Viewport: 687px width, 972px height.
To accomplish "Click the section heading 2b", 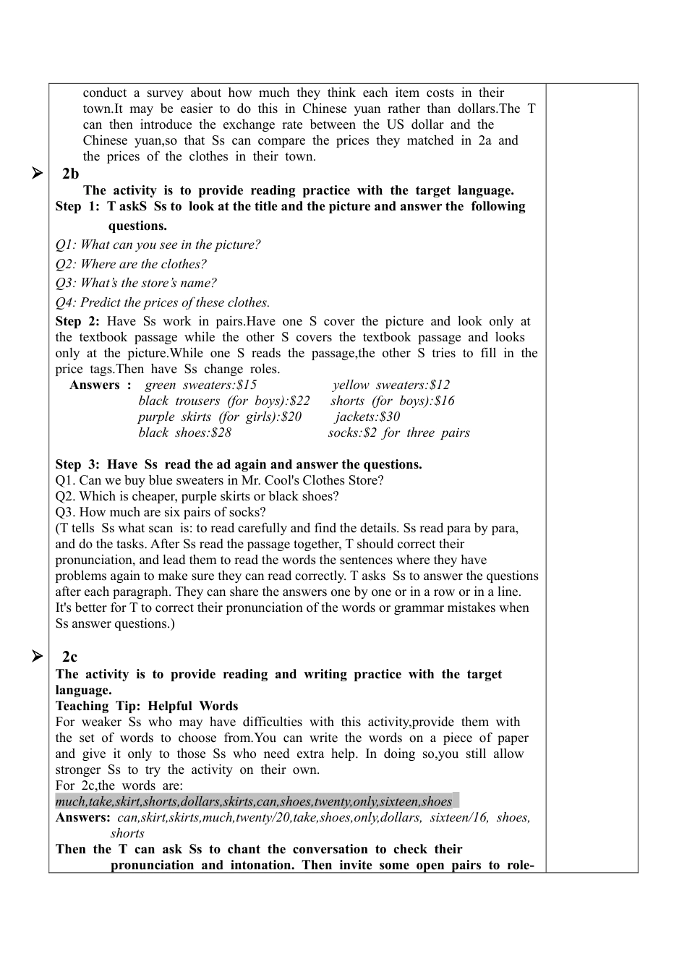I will click(x=70, y=174).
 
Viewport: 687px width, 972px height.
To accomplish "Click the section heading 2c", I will click(x=69, y=657).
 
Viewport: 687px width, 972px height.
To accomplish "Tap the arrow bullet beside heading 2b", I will click(x=37, y=174).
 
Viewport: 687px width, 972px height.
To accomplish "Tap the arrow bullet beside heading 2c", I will click(x=37, y=657).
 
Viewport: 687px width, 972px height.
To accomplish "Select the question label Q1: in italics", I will click(x=66, y=244).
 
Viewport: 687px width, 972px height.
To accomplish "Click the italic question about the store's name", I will click(x=136, y=283).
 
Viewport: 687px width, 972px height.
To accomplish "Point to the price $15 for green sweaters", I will click(x=247, y=385).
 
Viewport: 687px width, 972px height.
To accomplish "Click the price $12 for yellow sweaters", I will click(x=440, y=385).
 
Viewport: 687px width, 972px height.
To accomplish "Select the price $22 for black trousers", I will click(x=299, y=401).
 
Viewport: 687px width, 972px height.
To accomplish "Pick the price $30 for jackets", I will click(x=390, y=417).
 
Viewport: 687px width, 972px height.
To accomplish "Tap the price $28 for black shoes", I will click(x=221, y=432).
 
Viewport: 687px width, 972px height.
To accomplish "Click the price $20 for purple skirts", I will click(x=291, y=417).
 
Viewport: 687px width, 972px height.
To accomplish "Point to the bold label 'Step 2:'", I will click(x=77, y=321).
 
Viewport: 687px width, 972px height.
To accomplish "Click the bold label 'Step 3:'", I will click(x=77, y=464).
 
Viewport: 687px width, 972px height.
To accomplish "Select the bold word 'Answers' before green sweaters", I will click(x=95, y=385).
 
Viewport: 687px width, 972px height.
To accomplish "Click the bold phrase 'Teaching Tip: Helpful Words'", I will click(x=147, y=706).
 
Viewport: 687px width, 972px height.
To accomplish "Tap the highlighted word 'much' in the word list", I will click(x=70, y=801).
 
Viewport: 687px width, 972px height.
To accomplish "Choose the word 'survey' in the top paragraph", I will click(x=165, y=93).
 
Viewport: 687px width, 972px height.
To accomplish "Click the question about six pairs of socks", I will click(x=161, y=512).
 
